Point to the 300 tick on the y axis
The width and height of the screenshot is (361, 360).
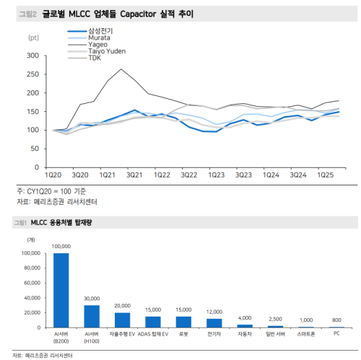(x=32, y=56)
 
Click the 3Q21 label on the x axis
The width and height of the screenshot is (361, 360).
(x=134, y=175)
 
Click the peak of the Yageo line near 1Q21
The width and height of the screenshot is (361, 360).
(x=121, y=69)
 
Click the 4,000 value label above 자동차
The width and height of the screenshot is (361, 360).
(x=245, y=317)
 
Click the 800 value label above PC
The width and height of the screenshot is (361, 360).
(x=337, y=320)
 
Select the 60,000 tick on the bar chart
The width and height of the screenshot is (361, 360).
(x=31, y=283)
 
